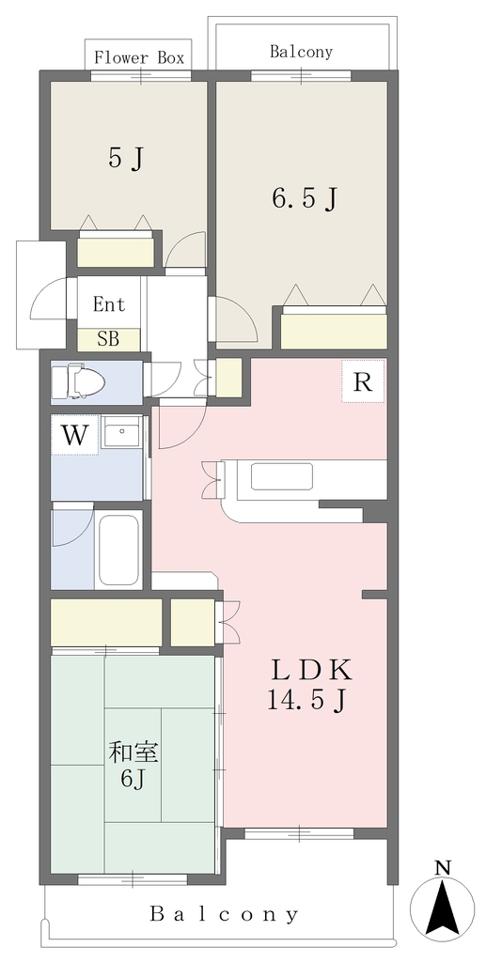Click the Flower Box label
point(139,58)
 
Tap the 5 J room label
point(126,159)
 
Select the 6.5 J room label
point(303,197)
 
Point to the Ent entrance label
point(109,304)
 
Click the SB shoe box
point(109,339)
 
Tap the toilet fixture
point(78,381)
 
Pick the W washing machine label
point(74,435)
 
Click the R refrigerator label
point(363,382)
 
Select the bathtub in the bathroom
point(119,550)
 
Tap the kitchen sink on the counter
point(282,476)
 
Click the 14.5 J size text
point(305,700)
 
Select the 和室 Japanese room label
point(133,753)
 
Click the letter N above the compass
point(443,867)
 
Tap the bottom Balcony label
point(225,915)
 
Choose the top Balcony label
point(302,52)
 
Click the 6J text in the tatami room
point(133,779)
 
